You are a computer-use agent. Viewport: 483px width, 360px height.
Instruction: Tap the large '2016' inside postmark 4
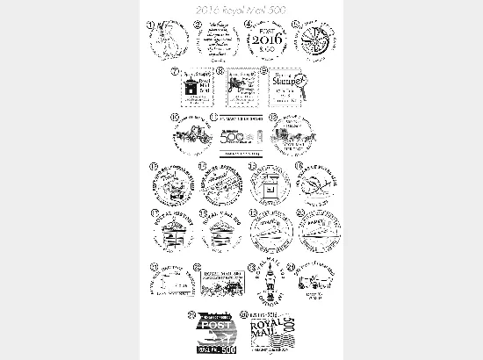pyautogui.click(x=263, y=40)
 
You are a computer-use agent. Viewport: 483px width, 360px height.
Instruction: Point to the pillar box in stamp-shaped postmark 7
pyautogui.click(x=191, y=89)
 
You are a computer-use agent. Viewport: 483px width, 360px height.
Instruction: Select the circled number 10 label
pyautogui.click(x=173, y=115)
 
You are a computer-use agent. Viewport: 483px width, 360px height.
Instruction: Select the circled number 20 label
pyautogui.click(x=299, y=212)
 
